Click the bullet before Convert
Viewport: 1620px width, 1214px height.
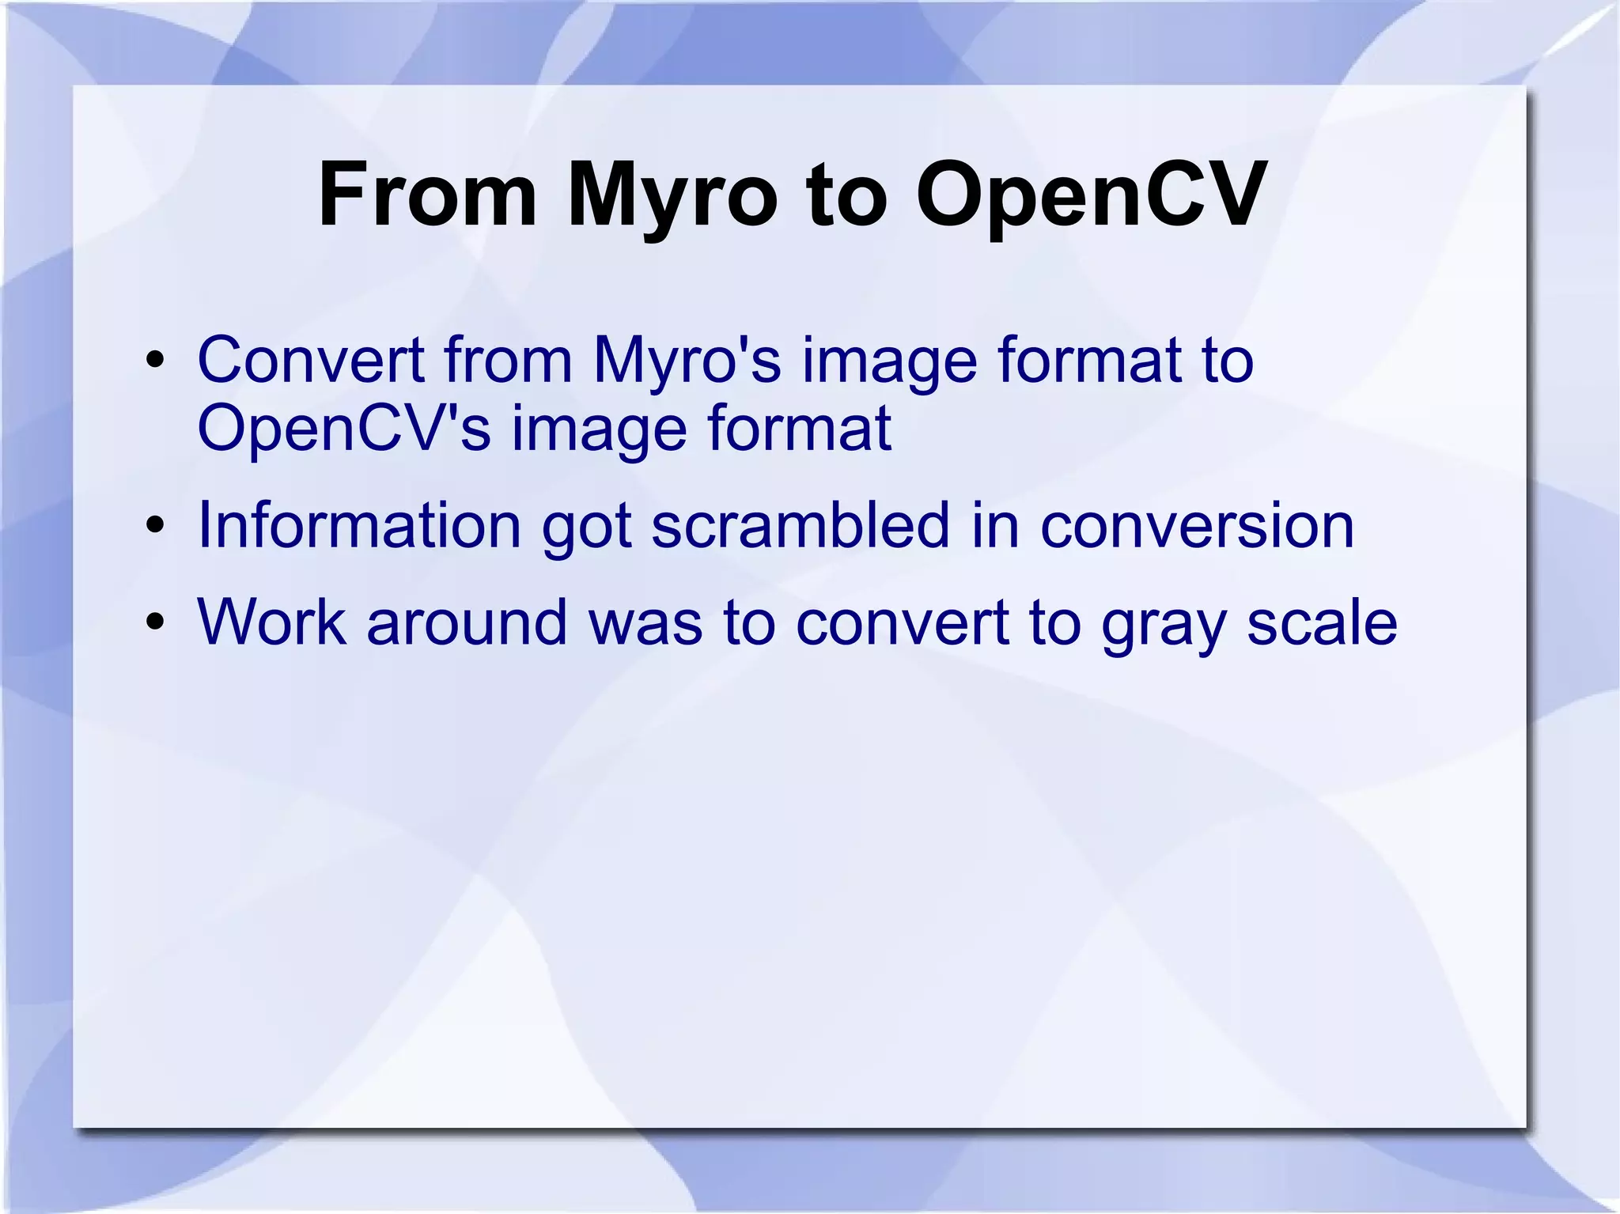[155, 361]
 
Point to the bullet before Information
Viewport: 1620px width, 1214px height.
[155, 526]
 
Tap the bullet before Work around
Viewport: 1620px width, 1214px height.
[155, 622]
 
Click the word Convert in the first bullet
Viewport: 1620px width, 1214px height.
[310, 361]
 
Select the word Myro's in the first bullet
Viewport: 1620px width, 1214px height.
[687, 361]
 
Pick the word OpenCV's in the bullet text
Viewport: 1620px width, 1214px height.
[344, 429]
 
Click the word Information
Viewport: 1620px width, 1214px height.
[359, 526]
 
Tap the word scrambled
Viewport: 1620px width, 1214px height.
[801, 526]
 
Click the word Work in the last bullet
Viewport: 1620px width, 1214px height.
[271, 622]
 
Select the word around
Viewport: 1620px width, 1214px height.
[467, 622]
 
